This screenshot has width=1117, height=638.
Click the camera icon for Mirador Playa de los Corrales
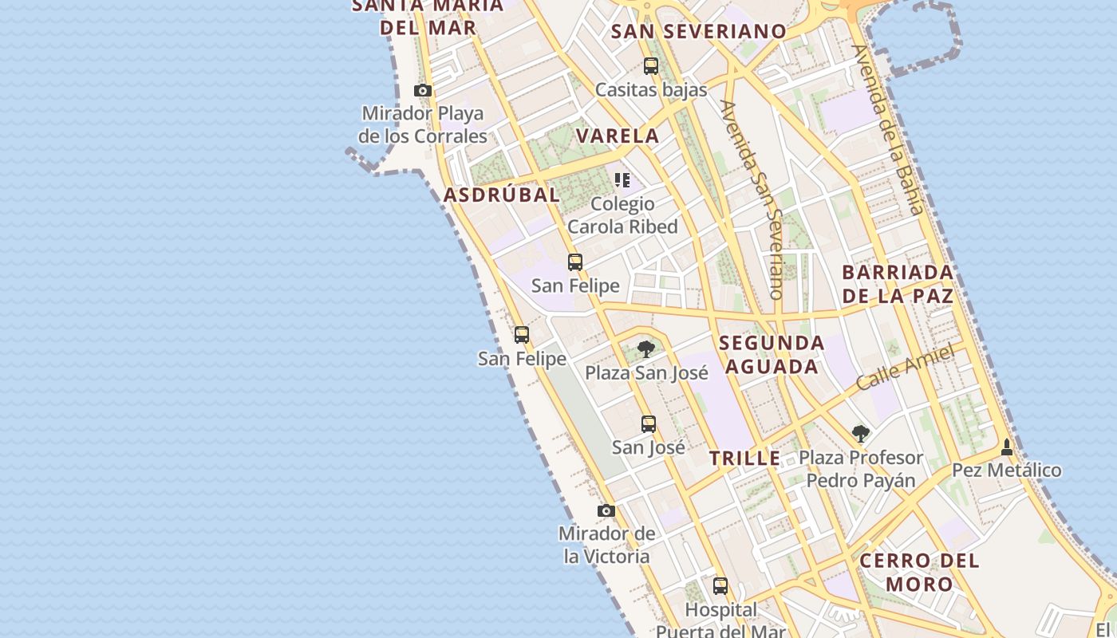pos(423,91)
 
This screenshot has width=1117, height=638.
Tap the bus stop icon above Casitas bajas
pos(651,66)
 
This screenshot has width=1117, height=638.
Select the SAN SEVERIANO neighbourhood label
pos(698,32)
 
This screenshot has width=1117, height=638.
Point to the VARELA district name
pos(618,136)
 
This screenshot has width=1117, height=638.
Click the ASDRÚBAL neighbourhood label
pos(501,195)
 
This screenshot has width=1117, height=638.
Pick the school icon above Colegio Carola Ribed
pos(622,180)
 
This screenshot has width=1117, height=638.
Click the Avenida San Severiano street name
pos(752,199)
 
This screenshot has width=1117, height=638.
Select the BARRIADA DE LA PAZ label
pos(898,284)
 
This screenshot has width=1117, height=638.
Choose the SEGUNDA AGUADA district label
pos(771,354)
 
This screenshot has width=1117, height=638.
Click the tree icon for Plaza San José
pos(646,349)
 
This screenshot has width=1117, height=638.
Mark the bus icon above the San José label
pos(649,424)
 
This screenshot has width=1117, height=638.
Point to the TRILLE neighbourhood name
pos(745,459)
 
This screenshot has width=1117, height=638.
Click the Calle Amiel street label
pos(905,368)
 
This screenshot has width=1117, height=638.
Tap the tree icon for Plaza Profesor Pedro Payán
pos(860,434)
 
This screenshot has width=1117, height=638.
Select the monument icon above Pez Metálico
pos(1007,447)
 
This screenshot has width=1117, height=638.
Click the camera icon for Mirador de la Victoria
pos(606,510)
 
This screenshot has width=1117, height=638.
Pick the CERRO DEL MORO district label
pos(919,572)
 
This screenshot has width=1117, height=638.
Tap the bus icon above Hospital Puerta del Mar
pos(720,586)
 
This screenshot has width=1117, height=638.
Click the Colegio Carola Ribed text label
pos(622,215)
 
